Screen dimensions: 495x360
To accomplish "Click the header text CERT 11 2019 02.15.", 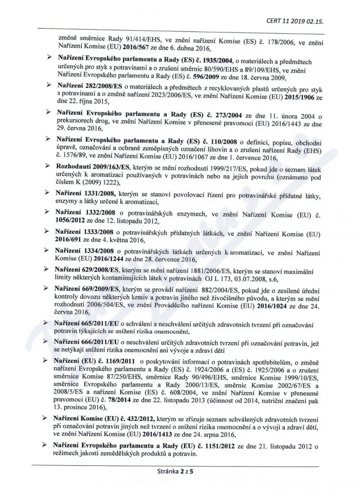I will [296, 21].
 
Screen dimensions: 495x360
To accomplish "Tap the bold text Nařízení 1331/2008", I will [84, 193].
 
